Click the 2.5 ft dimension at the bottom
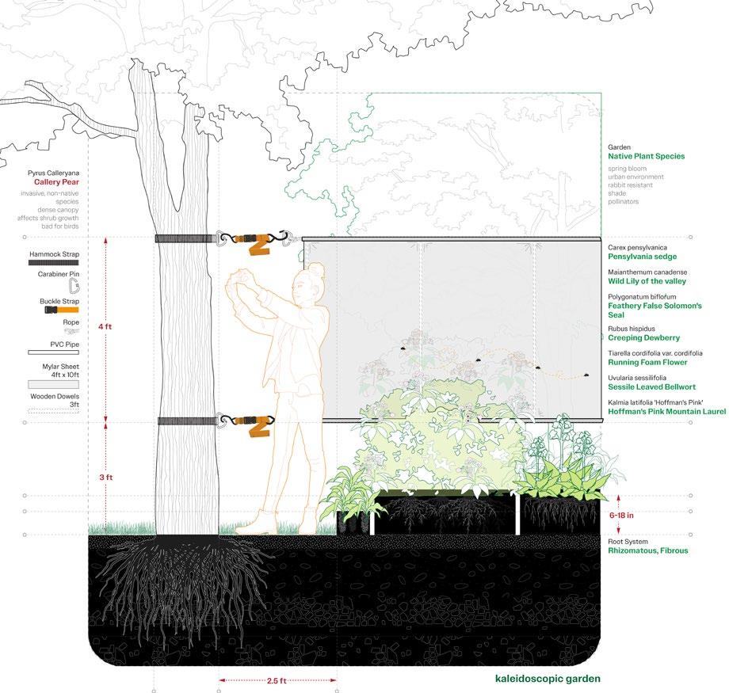click(x=278, y=680)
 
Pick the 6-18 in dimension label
click(x=620, y=515)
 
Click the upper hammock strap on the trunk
click(x=185, y=238)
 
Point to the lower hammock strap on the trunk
click(x=185, y=421)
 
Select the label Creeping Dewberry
click(x=643, y=338)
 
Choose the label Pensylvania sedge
click(x=642, y=257)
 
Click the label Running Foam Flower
click(x=647, y=363)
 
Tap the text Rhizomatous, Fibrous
click(x=648, y=550)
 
